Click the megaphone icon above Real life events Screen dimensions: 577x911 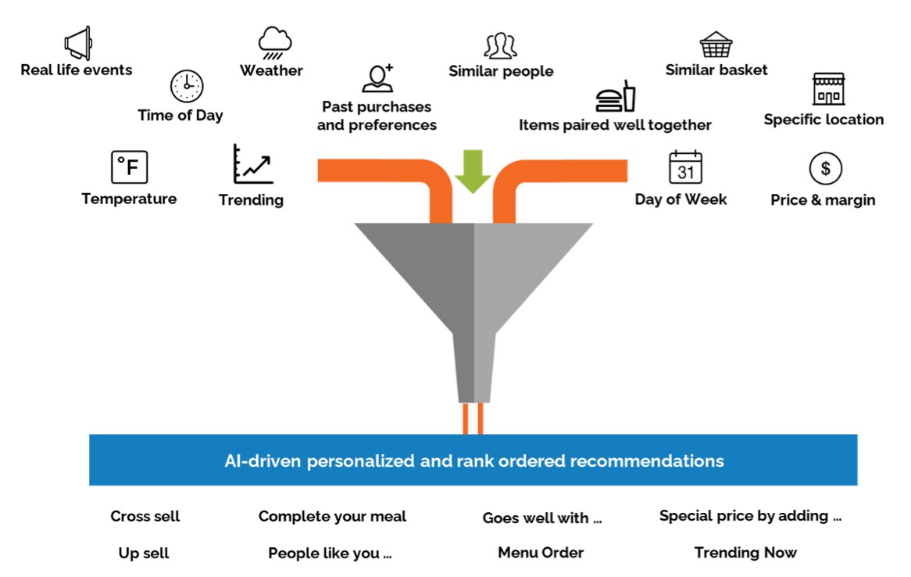[x=78, y=43]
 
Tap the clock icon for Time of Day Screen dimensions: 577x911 [x=187, y=86]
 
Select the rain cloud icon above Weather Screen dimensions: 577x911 [x=275, y=43]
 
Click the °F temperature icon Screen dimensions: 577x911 [x=129, y=167]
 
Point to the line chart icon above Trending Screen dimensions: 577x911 [x=252, y=164]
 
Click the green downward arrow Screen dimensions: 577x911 [x=473, y=171]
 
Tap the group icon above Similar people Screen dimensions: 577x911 [x=501, y=46]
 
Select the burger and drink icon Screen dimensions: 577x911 [x=616, y=96]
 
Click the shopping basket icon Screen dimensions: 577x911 [x=716, y=45]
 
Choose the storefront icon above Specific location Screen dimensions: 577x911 [x=828, y=89]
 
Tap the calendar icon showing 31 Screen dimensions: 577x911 [x=686, y=167]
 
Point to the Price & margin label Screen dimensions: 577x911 [x=823, y=200]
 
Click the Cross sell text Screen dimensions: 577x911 [x=145, y=516]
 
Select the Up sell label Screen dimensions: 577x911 [x=144, y=554]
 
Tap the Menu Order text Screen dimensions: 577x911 [x=541, y=553]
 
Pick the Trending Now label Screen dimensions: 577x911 [x=745, y=553]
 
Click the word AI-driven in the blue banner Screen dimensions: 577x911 [x=263, y=461]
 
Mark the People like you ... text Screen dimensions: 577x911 [x=330, y=554]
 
